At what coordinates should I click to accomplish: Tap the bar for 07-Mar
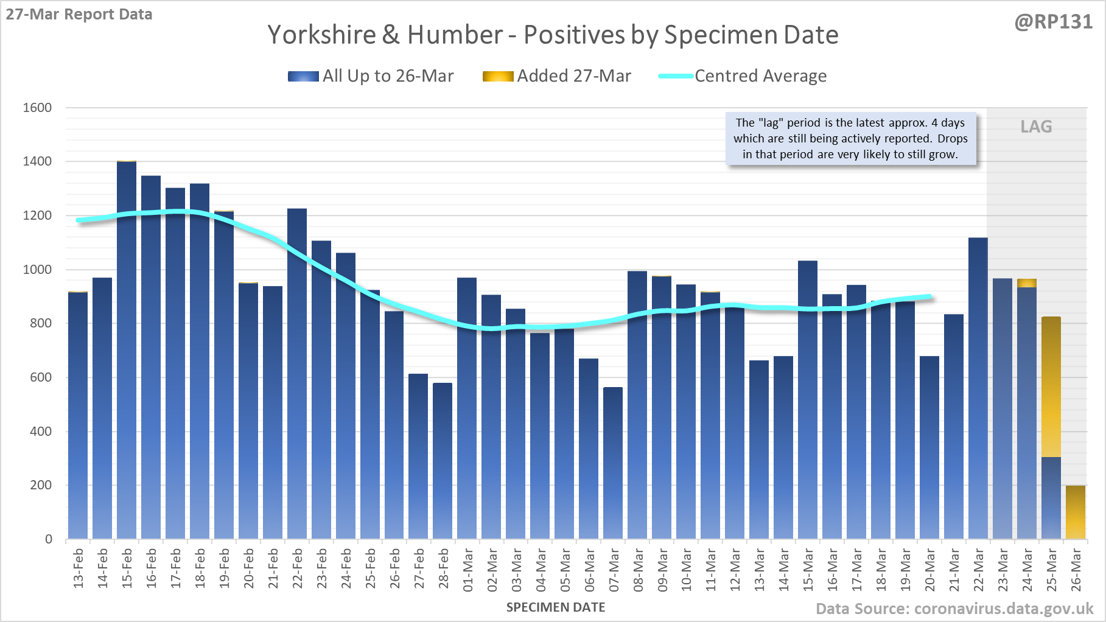(x=613, y=463)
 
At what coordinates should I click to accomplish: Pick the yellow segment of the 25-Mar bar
(x=1051, y=386)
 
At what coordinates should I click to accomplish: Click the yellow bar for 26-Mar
(x=1076, y=512)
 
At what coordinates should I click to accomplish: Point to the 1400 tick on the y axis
(x=37, y=161)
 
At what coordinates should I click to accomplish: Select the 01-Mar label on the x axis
(x=468, y=569)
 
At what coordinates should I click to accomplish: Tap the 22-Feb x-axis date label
(x=298, y=569)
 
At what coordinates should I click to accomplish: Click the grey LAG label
(x=1036, y=127)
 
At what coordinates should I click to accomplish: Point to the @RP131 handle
(x=1053, y=22)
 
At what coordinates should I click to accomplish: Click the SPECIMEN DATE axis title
(x=556, y=607)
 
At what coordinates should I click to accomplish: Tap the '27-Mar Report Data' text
(x=79, y=14)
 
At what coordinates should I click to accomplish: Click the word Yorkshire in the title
(x=321, y=35)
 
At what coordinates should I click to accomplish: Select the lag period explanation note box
(x=850, y=139)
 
